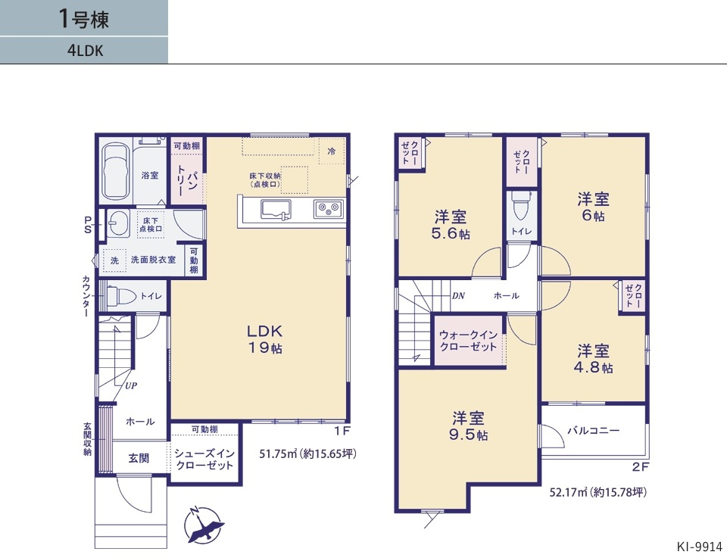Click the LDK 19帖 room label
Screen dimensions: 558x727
[264, 338]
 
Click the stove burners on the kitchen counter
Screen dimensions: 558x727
[329, 207]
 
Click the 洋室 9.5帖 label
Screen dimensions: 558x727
[469, 426]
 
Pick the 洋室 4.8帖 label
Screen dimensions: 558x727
[594, 359]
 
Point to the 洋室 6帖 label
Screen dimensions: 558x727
[594, 207]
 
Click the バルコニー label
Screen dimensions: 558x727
[594, 430]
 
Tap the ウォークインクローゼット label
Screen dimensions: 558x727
[469, 341]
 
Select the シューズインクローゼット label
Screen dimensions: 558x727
[204, 460]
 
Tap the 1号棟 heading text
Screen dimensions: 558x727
[83, 19]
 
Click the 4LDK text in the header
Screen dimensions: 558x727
[83, 51]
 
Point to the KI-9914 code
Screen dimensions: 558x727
[700, 546]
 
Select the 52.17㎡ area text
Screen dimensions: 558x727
[598, 492]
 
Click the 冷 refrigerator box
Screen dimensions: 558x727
[331, 151]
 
